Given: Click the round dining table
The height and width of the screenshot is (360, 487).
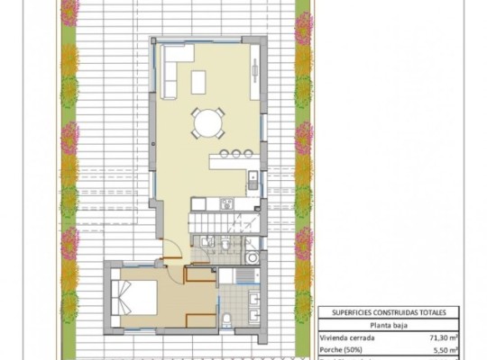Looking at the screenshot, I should [208, 121].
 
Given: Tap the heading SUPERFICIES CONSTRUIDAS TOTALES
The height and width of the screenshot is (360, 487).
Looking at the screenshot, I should [388, 311].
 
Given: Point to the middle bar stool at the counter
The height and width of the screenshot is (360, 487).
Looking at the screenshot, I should [236, 152].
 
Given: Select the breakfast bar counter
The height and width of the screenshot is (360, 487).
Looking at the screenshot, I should [233, 162].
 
